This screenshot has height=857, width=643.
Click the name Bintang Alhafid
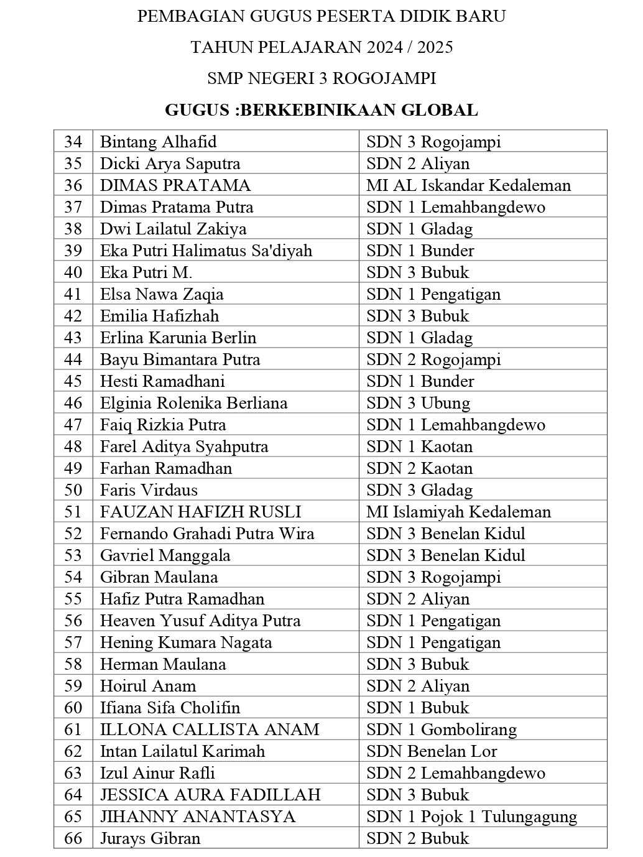pos(158,142)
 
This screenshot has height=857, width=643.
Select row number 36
pos(73,185)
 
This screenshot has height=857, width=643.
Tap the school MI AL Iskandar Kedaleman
pos(468,185)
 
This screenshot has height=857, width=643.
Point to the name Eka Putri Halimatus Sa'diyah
pos(206,251)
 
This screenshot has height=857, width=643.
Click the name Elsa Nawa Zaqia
pos(162,294)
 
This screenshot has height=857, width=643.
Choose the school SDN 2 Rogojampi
pos(433,359)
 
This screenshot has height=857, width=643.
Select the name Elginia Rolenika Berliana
pos(193,403)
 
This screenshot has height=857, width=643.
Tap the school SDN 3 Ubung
pos(418,403)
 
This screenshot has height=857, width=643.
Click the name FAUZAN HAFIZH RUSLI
pos(200,512)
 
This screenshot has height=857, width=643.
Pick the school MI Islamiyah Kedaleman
pos(458,512)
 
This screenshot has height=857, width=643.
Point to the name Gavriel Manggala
pos(165,555)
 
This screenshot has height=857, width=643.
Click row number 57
pos(73,642)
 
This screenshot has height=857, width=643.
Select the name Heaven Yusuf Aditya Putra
pos(200,621)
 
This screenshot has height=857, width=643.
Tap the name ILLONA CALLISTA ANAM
pos(210,730)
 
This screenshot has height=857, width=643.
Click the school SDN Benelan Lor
pos(432,751)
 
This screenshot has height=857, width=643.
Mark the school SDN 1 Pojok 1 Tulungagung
pos(471,817)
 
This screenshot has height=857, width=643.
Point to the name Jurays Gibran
pos(150,838)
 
